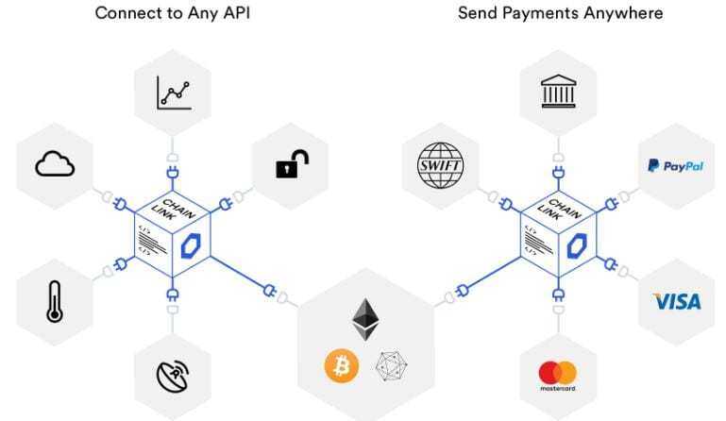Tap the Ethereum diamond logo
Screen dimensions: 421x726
click(x=365, y=319)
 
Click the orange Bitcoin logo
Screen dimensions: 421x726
click(x=342, y=365)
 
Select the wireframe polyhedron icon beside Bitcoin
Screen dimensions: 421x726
click(x=390, y=366)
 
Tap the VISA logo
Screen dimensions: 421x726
click(x=677, y=302)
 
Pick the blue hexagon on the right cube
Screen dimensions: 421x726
click(x=579, y=243)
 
